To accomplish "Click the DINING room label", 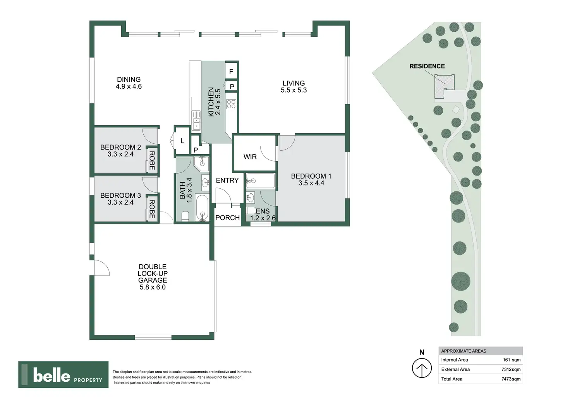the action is coord(129,79).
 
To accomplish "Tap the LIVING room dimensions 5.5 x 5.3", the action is coord(294,90).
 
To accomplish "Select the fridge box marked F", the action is coord(231,72).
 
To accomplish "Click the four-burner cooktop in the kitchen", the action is coord(231,104).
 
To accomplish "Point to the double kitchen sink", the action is coord(196,121).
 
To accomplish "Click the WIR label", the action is coord(250,157).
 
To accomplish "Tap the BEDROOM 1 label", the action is coord(311,176).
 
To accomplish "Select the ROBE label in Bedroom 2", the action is coord(152,160).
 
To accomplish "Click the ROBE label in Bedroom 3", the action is coord(152,209).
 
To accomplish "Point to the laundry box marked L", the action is coord(182,141).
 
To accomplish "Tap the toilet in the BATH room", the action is coord(185,216).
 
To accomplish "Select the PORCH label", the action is coord(227,218).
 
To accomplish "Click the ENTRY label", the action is coord(227,181).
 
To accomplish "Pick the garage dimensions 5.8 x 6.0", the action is coord(153,287).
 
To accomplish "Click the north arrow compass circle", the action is coord(422,368).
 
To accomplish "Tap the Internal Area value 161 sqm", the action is coord(512,360).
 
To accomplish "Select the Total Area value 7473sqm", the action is coord(511,379).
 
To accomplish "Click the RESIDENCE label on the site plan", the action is coord(427,66).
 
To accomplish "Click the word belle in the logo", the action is coord(52,375).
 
